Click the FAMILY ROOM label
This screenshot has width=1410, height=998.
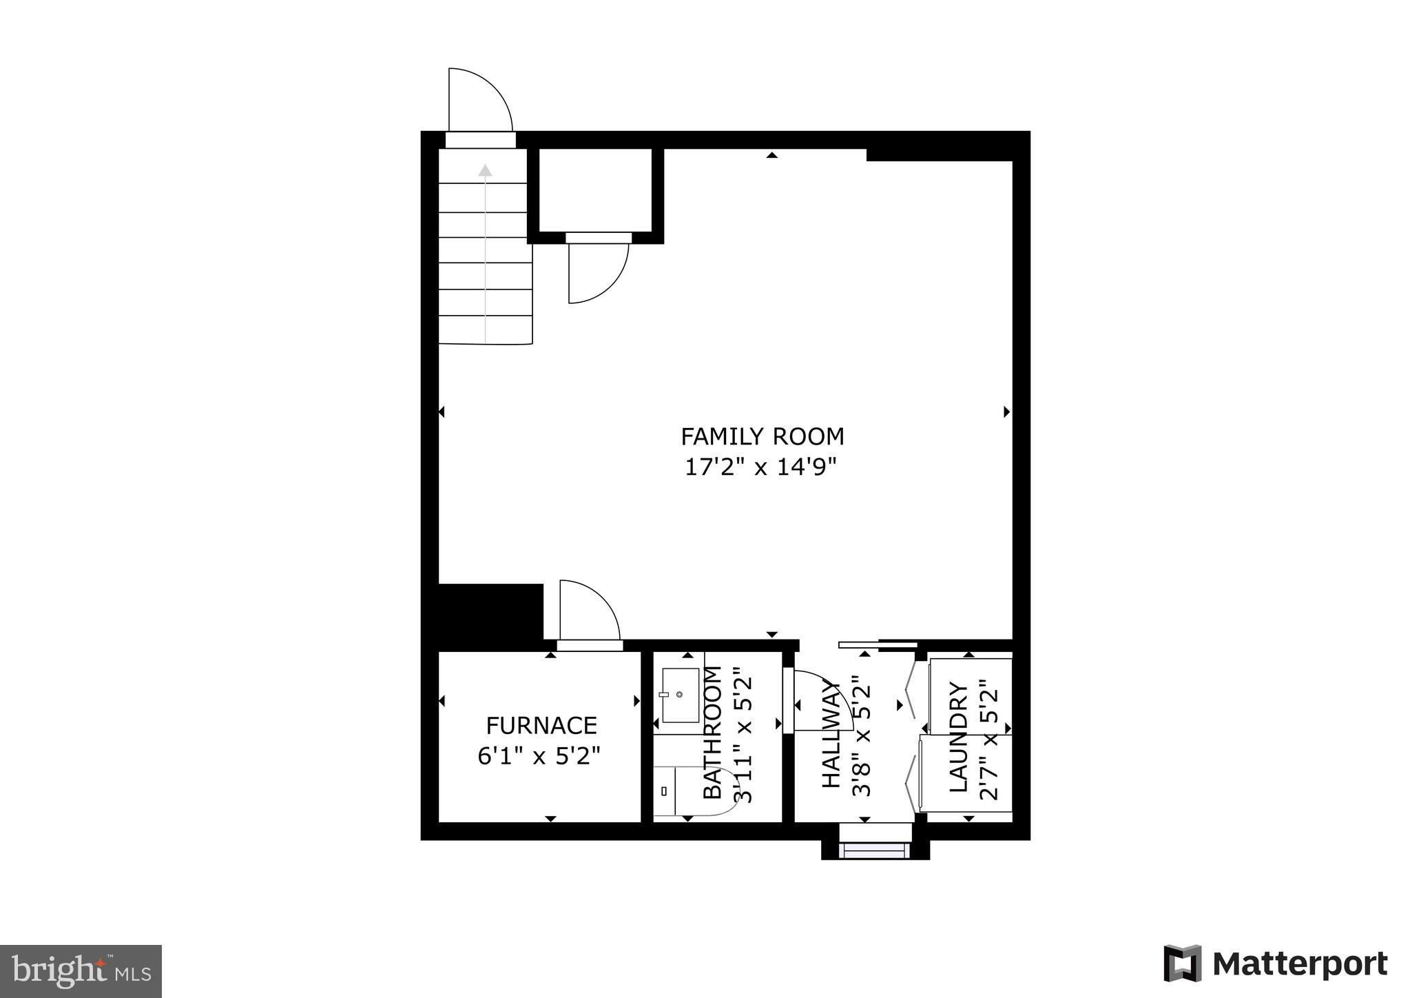pyautogui.click(x=762, y=437)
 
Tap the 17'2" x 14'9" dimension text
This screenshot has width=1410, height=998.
pyautogui.click(x=760, y=468)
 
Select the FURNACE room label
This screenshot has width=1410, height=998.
pyautogui.click(x=541, y=726)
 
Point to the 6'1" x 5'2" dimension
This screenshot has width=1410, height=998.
pyautogui.click(x=539, y=756)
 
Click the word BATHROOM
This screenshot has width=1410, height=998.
pyautogui.click(x=712, y=733)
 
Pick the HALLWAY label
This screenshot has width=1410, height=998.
pyautogui.click(x=832, y=735)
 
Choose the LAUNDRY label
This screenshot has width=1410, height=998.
pyautogui.click(x=959, y=737)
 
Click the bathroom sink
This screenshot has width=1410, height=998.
pyautogui.click(x=681, y=695)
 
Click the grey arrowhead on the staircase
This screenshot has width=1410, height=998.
pyautogui.click(x=486, y=170)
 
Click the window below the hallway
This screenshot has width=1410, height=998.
pyautogui.click(x=875, y=851)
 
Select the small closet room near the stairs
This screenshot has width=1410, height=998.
pyautogui.click(x=595, y=190)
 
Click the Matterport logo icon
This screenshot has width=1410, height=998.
pyautogui.click(x=1182, y=963)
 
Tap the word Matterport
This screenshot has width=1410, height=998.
pyautogui.click(x=1300, y=964)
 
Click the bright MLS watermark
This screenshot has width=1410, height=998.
pyautogui.click(x=81, y=972)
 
